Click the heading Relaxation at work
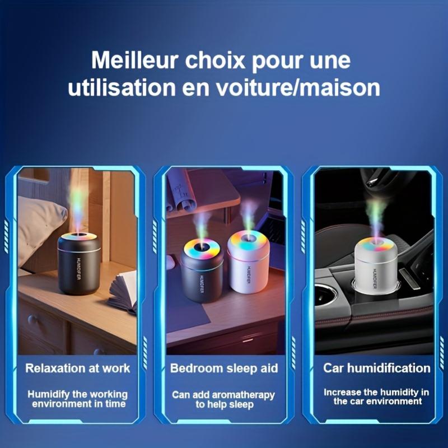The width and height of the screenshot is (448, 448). [78, 368]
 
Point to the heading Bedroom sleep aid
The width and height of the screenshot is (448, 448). [224, 368]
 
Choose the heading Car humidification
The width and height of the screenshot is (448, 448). [377, 368]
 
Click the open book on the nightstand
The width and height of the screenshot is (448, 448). [123, 291]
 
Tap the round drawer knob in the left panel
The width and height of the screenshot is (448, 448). [32, 320]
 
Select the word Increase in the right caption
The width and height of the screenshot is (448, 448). [343, 392]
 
